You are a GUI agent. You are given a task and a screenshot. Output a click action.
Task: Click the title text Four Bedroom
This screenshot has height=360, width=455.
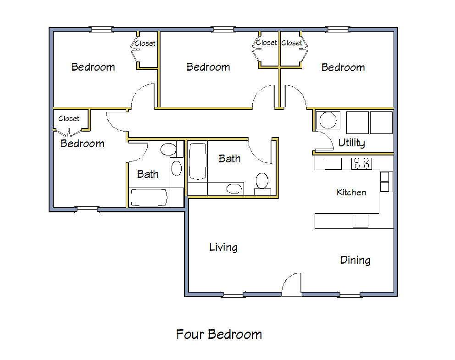pyautogui.click(x=219, y=334)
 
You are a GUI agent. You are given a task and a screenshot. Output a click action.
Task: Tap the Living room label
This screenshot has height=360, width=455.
pyautogui.click(x=223, y=248)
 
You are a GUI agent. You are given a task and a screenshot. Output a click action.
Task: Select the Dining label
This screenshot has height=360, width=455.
pyautogui.click(x=355, y=260)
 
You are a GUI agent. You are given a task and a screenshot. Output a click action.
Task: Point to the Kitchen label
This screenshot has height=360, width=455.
pyautogui.click(x=351, y=193)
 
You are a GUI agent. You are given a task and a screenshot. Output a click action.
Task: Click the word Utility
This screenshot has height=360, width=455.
pyautogui.click(x=351, y=143)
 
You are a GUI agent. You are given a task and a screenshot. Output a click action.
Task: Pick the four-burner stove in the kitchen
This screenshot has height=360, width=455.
pyautogui.click(x=361, y=163)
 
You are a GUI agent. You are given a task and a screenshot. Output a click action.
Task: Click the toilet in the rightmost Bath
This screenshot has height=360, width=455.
pyautogui.click(x=262, y=182)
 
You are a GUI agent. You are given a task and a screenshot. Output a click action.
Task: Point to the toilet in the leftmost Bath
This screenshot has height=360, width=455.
pyautogui.click(x=168, y=149)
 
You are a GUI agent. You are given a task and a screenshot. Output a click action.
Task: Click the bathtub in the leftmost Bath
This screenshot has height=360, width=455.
pyautogui.click(x=149, y=198)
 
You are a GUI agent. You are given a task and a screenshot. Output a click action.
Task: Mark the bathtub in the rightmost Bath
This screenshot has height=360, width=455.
pyautogui.click(x=197, y=161)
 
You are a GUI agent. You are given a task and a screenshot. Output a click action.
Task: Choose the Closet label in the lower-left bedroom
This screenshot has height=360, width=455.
pyautogui.click(x=69, y=119)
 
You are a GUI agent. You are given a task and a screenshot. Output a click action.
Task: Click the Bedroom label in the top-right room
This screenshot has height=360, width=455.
pyautogui.click(x=343, y=68)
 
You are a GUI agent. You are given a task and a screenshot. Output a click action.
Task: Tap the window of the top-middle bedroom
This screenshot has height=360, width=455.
pyautogui.click(x=223, y=29)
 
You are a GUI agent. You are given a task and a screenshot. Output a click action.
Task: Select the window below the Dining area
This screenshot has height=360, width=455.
pyautogui.click(x=350, y=294)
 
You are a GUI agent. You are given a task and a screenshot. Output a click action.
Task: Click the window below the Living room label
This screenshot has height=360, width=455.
pyautogui.click(x=233, y=294)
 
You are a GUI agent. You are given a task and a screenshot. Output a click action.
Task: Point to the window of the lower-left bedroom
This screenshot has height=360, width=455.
pyautogui.click(x=87, y=210)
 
